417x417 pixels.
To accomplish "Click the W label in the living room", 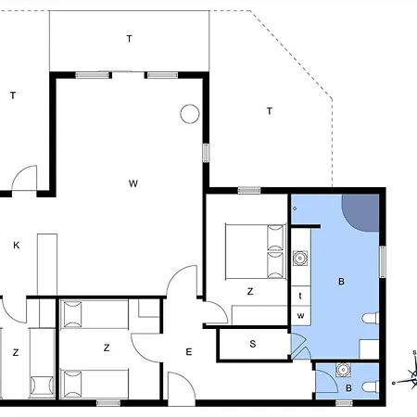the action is click(x=133, y=183).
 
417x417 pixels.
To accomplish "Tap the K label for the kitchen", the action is click(x=17, y=246).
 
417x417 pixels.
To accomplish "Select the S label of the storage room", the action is click(x=253, y=344).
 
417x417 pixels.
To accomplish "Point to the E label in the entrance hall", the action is click(x=189, y=352).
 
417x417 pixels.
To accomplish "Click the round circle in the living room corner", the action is click(x=190, y=114).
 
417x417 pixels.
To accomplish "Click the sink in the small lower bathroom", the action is click(x=342, y=370).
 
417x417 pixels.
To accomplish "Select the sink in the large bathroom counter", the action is click(x=300, y=258).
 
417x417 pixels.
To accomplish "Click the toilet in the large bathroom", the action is click(x=371, y=318).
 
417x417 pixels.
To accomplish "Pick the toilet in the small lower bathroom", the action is click(x=371, y=386).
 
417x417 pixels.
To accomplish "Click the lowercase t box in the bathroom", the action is click(x=300, y=296).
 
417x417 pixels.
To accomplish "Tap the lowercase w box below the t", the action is click(x=300, y=316).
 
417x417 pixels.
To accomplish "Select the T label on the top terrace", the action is click(x=130, y=39).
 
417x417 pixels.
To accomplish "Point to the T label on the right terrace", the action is click(x=270, y=111).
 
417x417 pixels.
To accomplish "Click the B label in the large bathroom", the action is click(x=341, y=282).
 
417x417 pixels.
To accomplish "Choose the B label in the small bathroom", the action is click(x=348, y=388).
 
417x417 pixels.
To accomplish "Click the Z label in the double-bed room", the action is click(x=250, y=291).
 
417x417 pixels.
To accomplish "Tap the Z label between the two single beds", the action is click(x=107, y=348).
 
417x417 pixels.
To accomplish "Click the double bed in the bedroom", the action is click(x=255, y=251).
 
